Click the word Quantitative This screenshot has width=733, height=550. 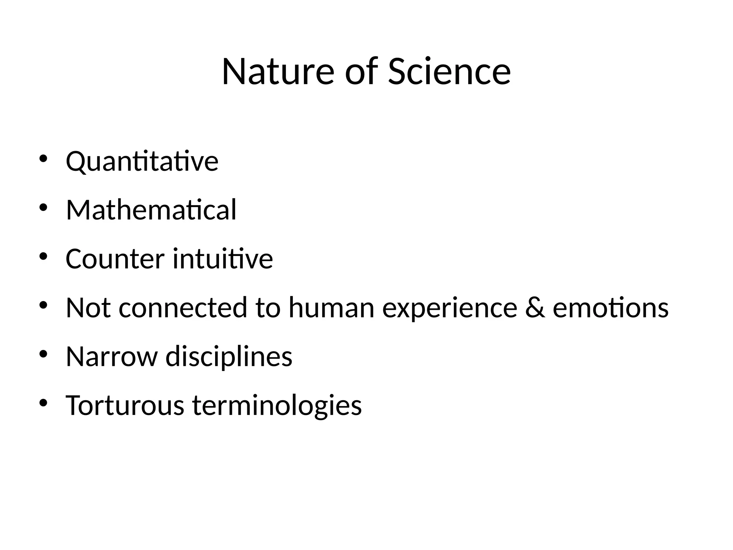coord(142,161)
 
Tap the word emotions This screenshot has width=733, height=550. coord(611,308)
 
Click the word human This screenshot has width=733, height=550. coord(331,308)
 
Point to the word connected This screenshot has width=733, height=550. coord(183,308)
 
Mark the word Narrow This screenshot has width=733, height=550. coord(112,357)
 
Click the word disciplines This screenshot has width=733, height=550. coord(229,357)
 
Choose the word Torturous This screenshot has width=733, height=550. coord(125,405)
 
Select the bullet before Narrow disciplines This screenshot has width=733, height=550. coord(43,354)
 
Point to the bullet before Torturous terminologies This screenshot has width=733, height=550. coord(43,403)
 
